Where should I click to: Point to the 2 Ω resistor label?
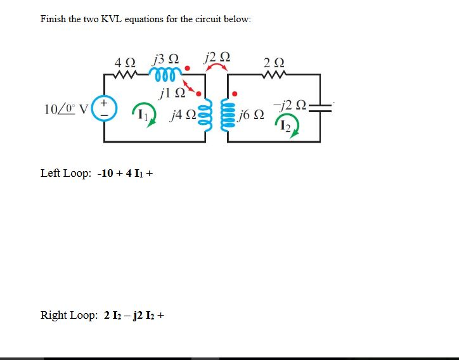point(275,63)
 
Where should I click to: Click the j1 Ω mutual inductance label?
point(173,94)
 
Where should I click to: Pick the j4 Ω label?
point(182,116)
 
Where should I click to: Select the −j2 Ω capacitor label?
point(289,105)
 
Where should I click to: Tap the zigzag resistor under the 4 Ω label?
point(125,74)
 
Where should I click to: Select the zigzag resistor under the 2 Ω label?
point(275,74)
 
